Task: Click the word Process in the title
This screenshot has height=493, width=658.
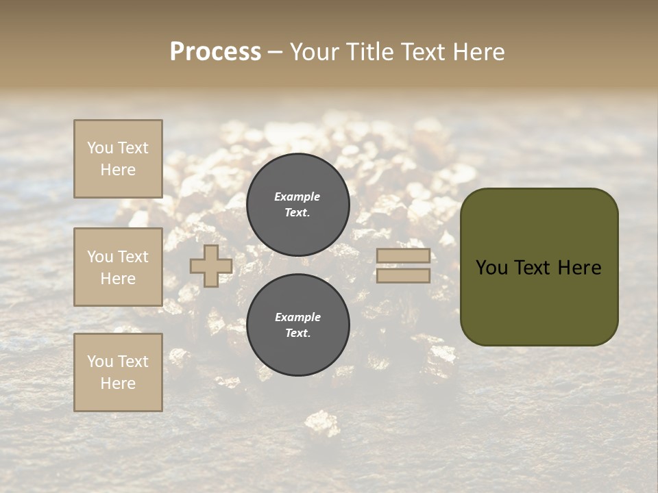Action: pos(215,52)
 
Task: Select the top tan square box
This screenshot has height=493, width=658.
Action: pos(118,159)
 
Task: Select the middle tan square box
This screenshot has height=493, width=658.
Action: pos(118,267)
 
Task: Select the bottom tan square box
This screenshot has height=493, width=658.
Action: pos(118,372)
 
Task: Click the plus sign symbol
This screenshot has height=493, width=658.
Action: pos(211,266)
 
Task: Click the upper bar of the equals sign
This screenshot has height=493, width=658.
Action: pos(403,256)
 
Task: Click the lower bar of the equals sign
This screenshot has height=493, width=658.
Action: pos(403,275)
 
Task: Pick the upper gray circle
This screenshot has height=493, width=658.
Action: pos(298,204)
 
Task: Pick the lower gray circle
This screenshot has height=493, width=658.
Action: pos(298,325)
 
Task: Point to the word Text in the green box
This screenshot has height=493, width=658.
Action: pos(534,268)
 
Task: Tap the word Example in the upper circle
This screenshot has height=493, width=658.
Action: pos(297,197)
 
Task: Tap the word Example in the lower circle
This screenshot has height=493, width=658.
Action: pos(297,317)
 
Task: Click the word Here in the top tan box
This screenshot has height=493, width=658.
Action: pos(118,170)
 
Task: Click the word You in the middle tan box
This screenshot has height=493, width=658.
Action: pos(100,257)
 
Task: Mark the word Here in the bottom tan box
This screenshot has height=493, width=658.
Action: pos(118,383)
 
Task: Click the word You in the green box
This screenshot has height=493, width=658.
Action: pos(491,268)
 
